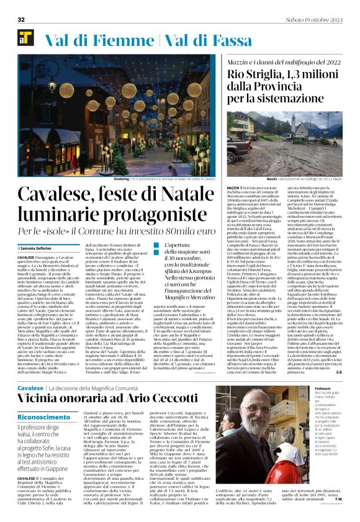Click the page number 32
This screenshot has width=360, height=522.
21,20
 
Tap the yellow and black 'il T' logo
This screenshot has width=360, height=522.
25,39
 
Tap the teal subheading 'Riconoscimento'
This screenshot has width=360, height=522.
44,418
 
